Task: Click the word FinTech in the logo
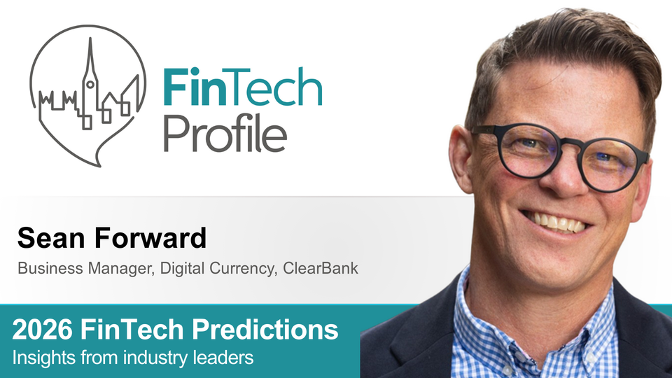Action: coord(241,87)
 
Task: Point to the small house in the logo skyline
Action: coord(113,105)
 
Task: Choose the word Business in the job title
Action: coord(43,268)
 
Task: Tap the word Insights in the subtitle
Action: coord(40,358)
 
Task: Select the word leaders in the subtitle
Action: coord(227,358)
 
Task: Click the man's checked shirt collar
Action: coord(490,308)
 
